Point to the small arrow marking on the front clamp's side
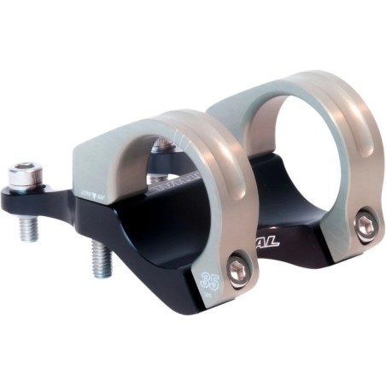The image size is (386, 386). tap(93, 196)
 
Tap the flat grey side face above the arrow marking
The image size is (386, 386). tap(98, 167)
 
